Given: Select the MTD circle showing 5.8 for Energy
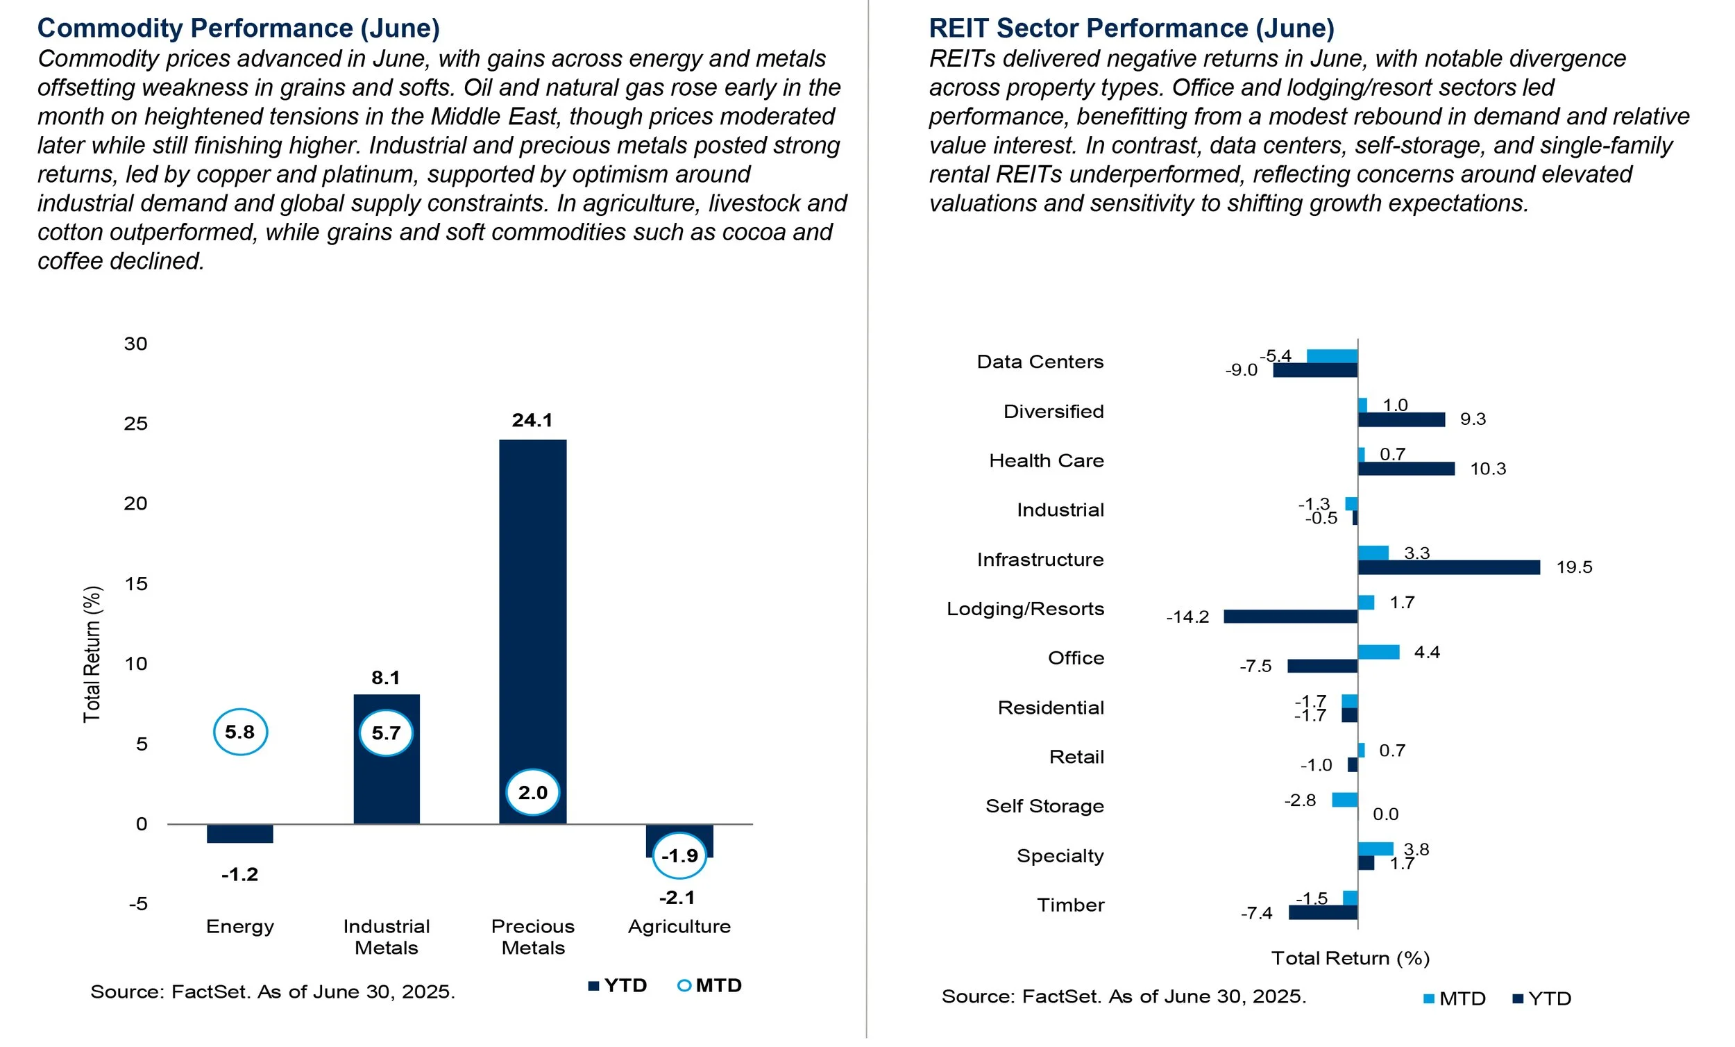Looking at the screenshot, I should [240, 732].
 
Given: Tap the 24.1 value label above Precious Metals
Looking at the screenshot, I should [532, 420].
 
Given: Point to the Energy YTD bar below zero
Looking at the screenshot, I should [240, 832].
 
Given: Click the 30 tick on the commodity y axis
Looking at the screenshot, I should [136, 344].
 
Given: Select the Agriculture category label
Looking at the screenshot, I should [679, 925].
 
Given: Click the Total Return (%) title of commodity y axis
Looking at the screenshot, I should [92, 654].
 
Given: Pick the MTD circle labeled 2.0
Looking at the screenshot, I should [532, 792].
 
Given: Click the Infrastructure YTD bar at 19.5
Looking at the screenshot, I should [1448, 567].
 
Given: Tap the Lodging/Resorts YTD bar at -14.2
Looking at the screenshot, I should [1291, 617].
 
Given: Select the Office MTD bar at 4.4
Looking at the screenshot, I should [1378, 652].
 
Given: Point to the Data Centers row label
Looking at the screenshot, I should [1040, 362].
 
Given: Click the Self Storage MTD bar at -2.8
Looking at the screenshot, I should [1344, 800].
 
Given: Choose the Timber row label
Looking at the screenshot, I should [1070, 905].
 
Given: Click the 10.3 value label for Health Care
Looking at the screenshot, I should [1487, 469].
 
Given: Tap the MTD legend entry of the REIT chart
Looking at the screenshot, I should [1455, 998].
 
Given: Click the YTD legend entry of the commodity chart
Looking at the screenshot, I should [618, 985].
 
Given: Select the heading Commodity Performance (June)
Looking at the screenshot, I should [239, 28].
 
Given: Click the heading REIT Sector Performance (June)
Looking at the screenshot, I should [1131, 28].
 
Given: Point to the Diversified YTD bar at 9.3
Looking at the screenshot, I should [1401, 420].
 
